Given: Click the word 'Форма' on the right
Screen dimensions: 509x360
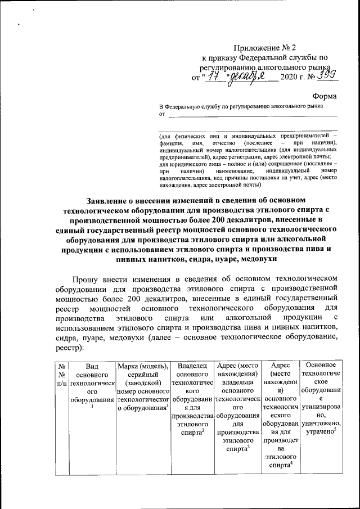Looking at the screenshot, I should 325,96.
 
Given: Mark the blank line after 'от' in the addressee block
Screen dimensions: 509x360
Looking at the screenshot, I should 253,115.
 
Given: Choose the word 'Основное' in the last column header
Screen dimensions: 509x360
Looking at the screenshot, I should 322,366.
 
